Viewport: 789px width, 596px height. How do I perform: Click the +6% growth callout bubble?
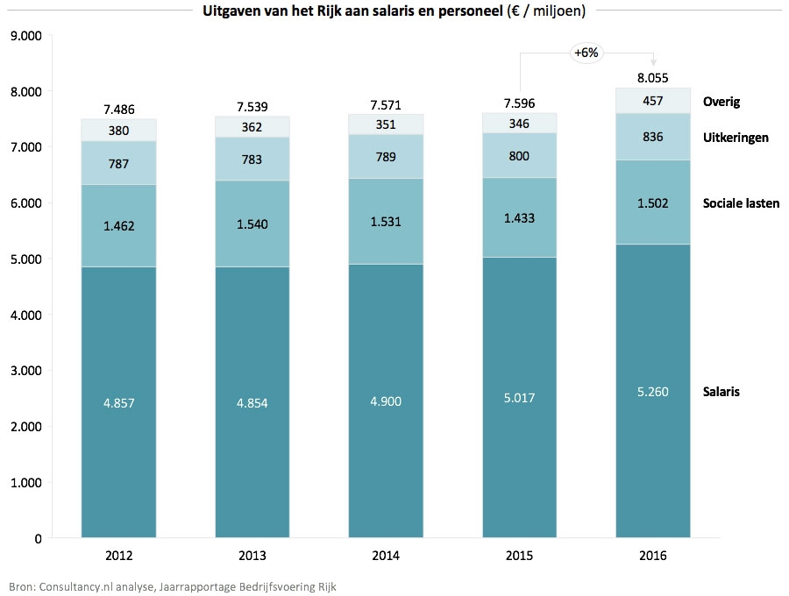coord(586,53)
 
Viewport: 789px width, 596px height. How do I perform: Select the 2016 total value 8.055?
coord(653,78)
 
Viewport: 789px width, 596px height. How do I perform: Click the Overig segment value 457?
coord(653,101)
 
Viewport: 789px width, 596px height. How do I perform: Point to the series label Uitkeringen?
coord(736,138)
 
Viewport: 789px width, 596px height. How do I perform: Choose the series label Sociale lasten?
coord(741,203)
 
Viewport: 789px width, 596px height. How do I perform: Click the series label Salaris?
coord(721,392)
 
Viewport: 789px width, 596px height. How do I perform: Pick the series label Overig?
coord(721,102)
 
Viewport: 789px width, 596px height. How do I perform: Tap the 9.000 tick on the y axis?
coord(25,36)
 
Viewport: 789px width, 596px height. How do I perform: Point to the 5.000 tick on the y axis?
coord(25,259)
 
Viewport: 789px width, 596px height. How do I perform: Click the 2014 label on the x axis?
coord(386,556)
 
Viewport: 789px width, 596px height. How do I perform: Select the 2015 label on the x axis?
coord(519,556)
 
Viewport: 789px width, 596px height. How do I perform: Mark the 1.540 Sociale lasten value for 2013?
coord(252,223)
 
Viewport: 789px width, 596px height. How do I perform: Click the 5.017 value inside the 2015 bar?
coord(519,398)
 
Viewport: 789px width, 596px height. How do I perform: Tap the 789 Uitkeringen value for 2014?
coord(386,158)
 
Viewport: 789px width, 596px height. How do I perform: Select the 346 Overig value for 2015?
coord(519,123)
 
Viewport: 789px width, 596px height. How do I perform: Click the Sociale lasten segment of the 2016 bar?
coord(653,202)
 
